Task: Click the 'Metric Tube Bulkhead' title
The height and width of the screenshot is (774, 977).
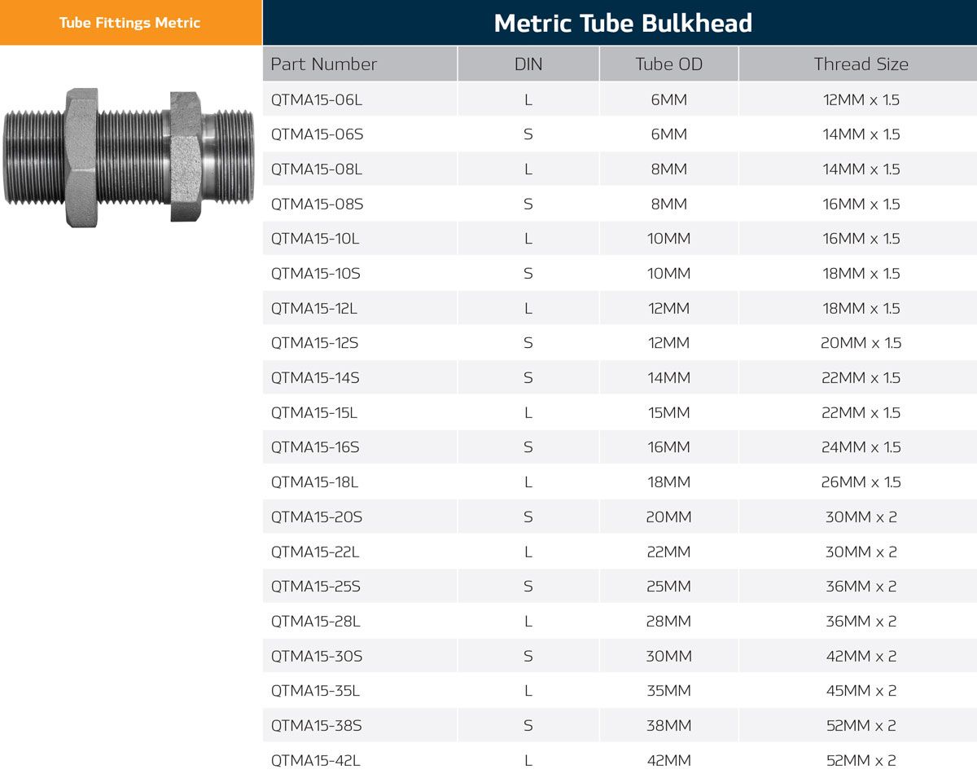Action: (623, 23)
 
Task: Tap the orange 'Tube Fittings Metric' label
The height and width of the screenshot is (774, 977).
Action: (129, 23)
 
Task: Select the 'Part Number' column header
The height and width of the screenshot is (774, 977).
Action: (324, 64)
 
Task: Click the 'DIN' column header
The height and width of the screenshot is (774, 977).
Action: (528, 64)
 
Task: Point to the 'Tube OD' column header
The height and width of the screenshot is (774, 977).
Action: (668, 64)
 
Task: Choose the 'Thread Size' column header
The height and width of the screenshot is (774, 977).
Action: (861, 64)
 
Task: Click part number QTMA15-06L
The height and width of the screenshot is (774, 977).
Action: (317, 99)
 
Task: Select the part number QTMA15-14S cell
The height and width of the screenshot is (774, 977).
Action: (315, 378)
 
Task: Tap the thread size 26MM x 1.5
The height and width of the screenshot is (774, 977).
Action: (861, 482)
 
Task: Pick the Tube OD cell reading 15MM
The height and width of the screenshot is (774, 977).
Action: (668, 413)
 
